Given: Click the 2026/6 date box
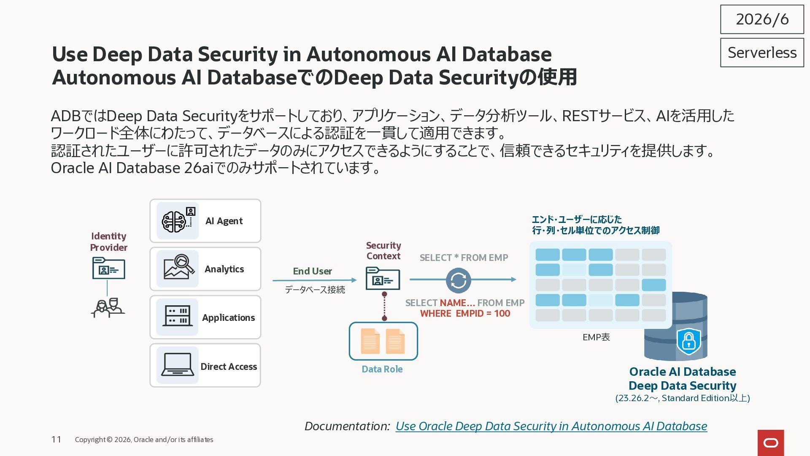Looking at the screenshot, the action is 762,19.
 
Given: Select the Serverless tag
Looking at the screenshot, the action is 762,53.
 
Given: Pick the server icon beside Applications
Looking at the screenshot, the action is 178,316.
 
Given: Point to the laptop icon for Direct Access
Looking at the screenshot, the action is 178,365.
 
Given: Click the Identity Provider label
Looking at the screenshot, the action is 108,242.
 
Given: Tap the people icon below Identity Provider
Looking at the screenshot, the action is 108,308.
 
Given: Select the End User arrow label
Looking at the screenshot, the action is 312,271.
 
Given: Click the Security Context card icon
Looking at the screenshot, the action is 383,278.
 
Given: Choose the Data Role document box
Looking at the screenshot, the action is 383,341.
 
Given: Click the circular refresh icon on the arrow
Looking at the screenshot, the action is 459,280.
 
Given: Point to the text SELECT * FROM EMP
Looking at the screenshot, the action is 464,258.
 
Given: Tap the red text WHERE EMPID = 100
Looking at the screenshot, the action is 465,313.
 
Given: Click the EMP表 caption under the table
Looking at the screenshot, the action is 596,337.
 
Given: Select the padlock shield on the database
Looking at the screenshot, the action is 688,341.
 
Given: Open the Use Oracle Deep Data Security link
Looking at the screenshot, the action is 551,426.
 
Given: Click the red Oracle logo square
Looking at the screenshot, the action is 771,443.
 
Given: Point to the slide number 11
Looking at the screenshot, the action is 56,440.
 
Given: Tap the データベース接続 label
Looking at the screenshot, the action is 315,290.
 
